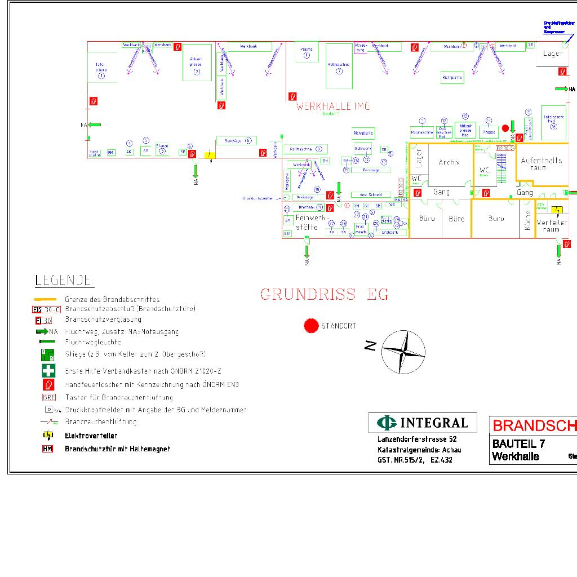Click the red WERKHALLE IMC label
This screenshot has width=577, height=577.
333,106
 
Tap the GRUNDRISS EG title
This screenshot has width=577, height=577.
324,294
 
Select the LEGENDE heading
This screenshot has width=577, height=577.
64,280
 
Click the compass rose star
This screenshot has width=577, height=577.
403,352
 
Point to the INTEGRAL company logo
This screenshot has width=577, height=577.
423,423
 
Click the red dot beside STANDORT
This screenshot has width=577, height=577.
311,326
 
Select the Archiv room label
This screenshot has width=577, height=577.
449,162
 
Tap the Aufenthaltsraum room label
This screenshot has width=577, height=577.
541,164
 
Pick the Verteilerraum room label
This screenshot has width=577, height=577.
552,225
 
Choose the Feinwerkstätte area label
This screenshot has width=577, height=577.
307,222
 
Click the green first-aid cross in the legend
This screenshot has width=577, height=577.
49,371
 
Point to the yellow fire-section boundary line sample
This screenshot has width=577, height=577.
45,299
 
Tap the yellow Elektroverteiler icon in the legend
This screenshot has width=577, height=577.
48,435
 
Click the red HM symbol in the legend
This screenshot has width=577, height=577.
48,449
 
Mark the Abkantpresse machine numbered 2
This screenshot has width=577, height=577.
197,62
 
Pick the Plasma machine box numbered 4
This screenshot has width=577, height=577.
307,52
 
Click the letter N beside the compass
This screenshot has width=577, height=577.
370,346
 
